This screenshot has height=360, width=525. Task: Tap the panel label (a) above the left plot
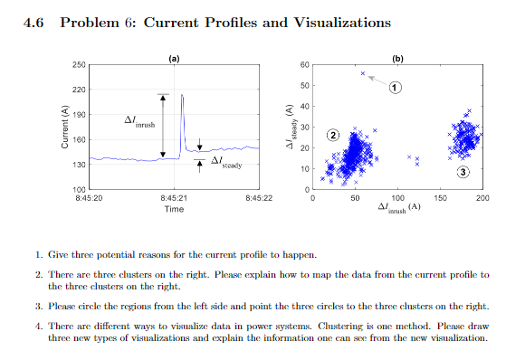(x=174, y=57)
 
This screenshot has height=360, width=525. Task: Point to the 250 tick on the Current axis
(x=79, y=65)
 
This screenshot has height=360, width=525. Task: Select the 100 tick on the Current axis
(x=79, y=187)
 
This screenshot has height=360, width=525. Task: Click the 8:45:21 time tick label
(x=174, y=197)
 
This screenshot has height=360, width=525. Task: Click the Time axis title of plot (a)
(x=174, y=209)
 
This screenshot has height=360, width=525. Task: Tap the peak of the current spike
(x=182, y=94)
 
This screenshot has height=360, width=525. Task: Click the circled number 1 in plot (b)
(x=396, y=87)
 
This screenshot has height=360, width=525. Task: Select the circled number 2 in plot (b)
(x=332, y=135)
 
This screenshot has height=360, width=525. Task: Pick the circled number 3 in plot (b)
(x=463, y=172)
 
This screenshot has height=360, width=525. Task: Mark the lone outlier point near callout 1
(x=363, y=73)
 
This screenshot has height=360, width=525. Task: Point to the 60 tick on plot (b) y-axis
(x=305, y=65)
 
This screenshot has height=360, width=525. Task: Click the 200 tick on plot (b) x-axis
(x=482, y=197)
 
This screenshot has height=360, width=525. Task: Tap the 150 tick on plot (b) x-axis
(x=440, y=197)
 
